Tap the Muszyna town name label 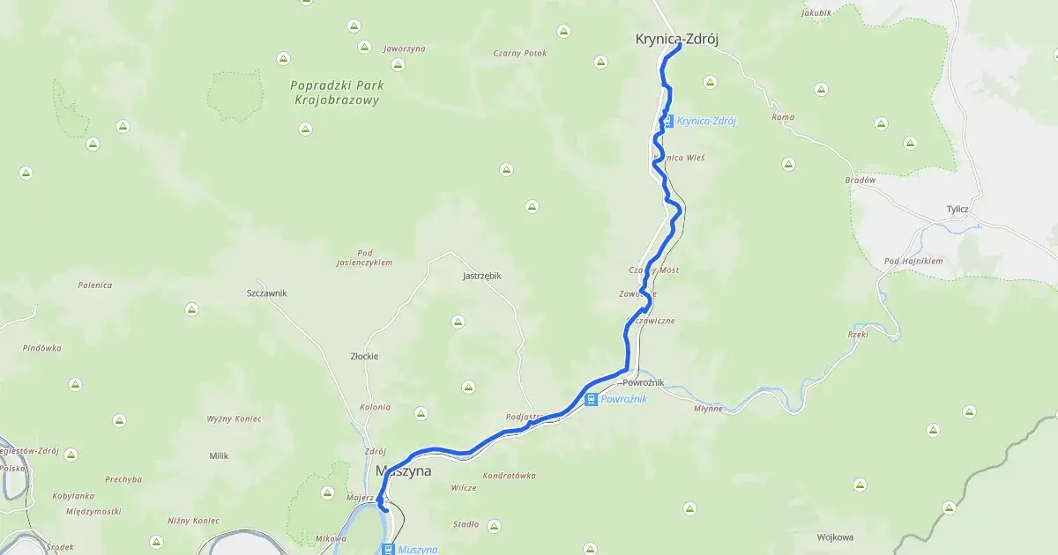[x=403, y=471]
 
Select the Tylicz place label [x=957, y=209]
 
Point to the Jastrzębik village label [x=481, y=276]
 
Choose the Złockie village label [x=364, y=357]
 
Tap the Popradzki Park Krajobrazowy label [x=335, y=93]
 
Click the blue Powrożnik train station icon [x=592, y=399]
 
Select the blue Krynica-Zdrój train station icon [x=668, y=121]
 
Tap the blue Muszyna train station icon [x=387, y=549]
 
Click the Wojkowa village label [x=835, y=536]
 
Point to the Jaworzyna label [x=404, y=48]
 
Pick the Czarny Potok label [x=520, y=53]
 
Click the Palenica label [x=94, y=285]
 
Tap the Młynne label [x=708, y=409]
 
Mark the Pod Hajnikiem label [x=913, y=262]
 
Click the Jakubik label [x=816, y=13]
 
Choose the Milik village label [x=219, y=455]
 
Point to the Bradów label [x=859, y=180]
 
